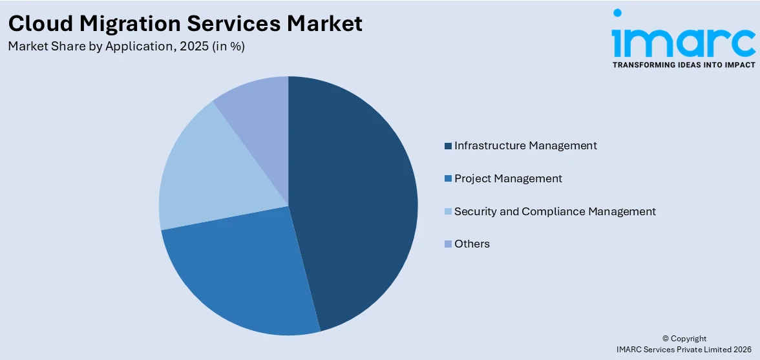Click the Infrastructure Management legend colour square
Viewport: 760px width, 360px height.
(448, 146)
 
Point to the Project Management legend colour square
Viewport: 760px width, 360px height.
(448, 179)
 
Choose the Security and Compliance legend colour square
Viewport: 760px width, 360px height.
(448, 212)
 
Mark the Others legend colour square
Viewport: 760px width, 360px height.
(448, 244)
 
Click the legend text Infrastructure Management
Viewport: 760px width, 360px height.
(525, 145)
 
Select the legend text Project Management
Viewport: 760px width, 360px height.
(508, 178)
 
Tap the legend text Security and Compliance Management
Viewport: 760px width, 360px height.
(554, 211)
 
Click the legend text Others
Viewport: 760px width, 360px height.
(472, 244)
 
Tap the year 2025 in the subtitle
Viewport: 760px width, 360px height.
(196, 47)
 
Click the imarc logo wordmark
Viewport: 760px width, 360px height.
(684, 42)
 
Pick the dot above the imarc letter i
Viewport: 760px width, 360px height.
(618, 13)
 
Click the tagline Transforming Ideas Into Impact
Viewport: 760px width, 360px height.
(684, 65)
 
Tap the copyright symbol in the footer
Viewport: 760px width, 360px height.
(666, 339)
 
